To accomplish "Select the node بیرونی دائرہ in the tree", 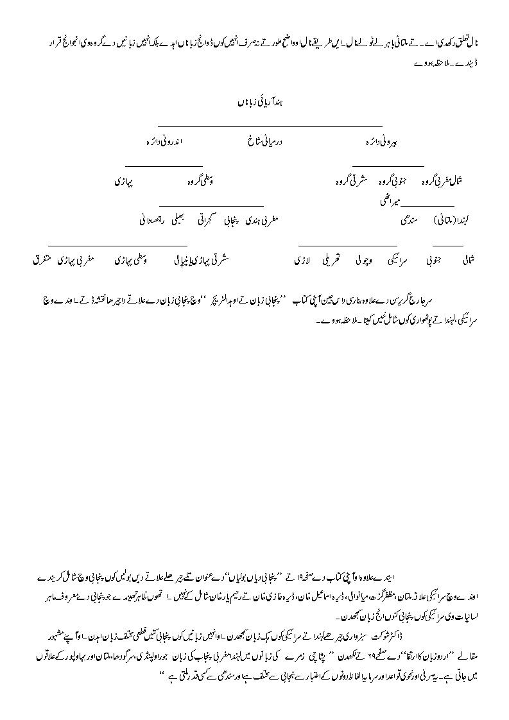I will click(382, 139).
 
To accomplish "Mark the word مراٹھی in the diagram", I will click(390, 201).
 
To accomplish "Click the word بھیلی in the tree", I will click(184, 220).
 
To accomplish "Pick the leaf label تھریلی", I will click(332, 261).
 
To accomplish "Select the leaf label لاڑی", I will click(302, 261).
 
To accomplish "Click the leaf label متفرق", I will click(44, 261).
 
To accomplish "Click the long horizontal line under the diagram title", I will click(270, 126).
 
